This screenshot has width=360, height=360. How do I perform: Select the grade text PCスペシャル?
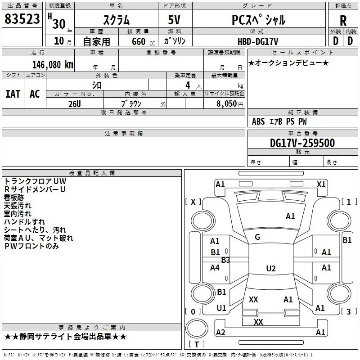point(259,20)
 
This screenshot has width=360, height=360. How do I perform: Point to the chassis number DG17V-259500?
point(302,143)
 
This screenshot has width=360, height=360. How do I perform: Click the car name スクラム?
point(116,20)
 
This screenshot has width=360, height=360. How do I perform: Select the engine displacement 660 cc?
point(138,41)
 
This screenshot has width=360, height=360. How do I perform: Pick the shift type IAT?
point(13,94)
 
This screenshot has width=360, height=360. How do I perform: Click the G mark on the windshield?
point(257,237)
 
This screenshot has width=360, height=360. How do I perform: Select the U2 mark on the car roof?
point(270,269)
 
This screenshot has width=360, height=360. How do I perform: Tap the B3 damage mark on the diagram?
point(225,260)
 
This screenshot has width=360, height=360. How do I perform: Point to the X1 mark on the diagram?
point(321,184)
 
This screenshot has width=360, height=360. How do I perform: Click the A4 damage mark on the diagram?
point(215,267)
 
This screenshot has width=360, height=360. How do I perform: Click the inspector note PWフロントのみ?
point(31,246)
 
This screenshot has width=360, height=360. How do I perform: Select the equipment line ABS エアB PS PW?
point(279,121)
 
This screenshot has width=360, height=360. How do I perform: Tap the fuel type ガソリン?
point(175,41)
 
